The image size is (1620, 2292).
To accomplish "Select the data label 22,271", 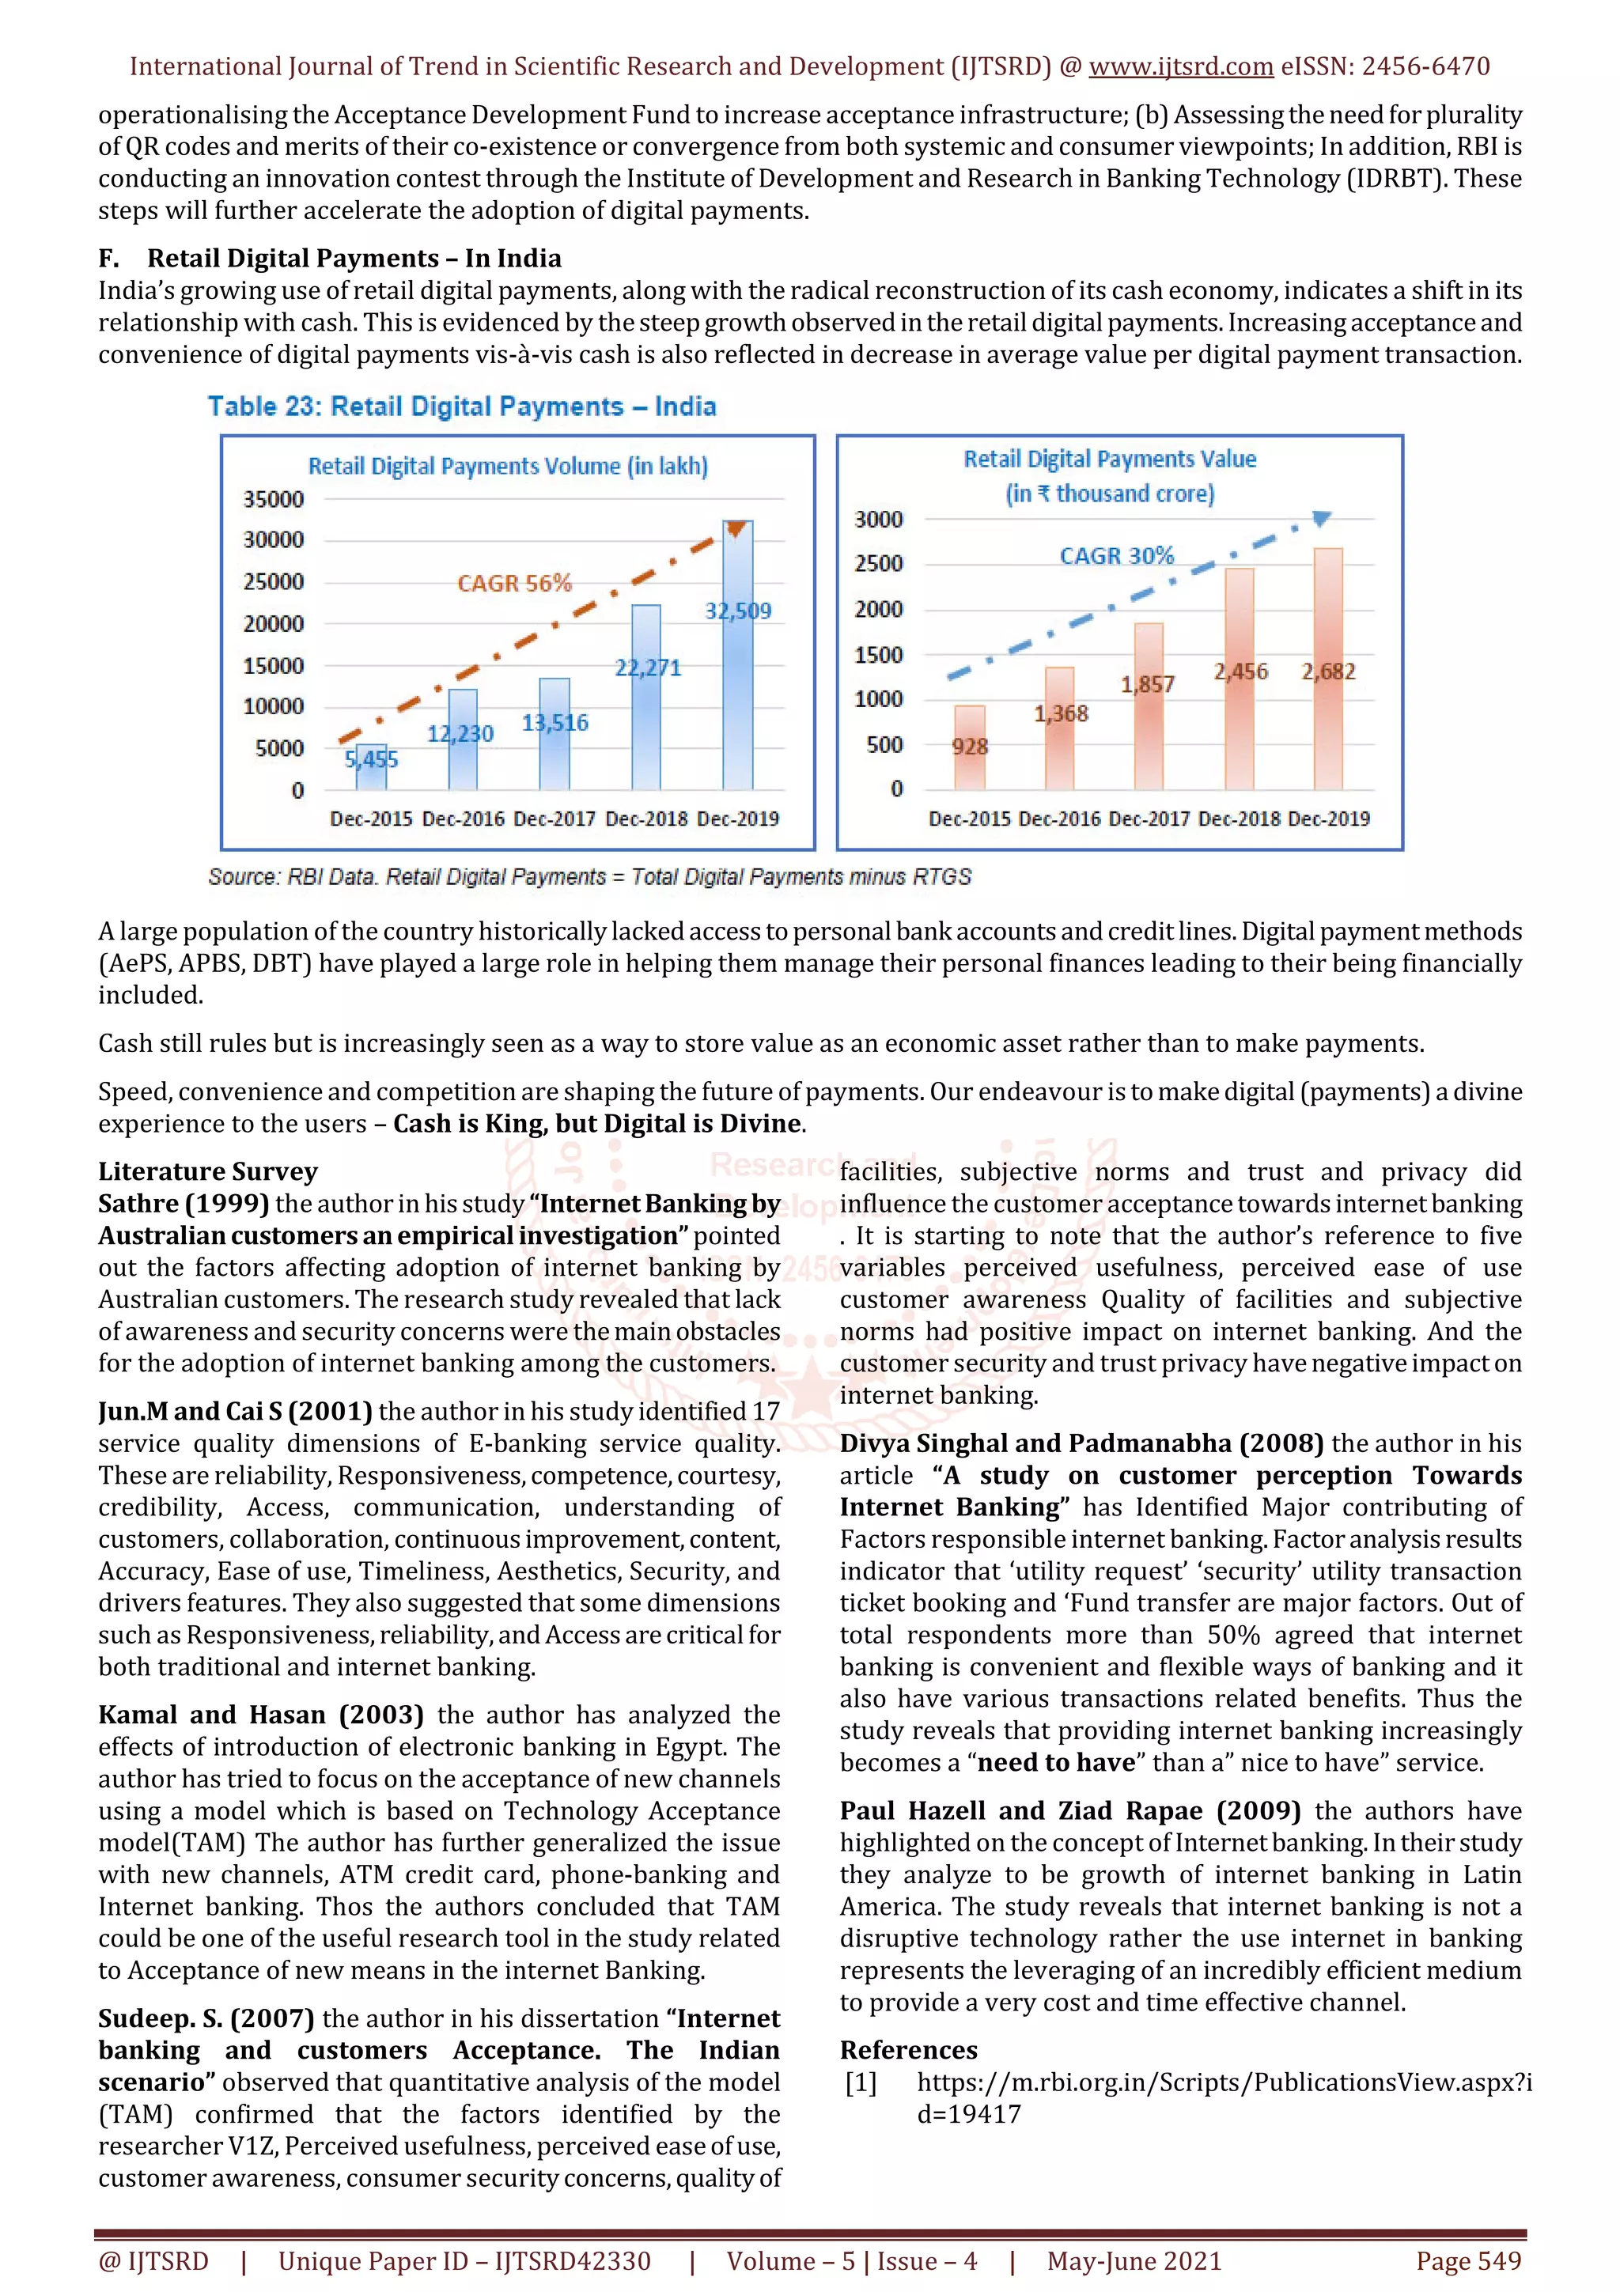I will click(x=648, y=668).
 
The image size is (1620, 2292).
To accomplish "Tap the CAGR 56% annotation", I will click(x=514, y=583).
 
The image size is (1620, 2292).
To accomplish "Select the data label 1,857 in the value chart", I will click(x=1147, y=685).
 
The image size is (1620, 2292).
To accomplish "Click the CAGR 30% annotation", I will click(x=1116, y=556).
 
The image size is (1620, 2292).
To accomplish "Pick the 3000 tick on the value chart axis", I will click(x=878, y=519).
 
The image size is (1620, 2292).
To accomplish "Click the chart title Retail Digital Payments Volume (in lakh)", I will click(x=507, y=466).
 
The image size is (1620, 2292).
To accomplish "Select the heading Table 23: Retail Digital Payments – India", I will click(x=461, y=407).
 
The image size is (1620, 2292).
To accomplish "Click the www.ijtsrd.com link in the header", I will click(x=1180, y=67).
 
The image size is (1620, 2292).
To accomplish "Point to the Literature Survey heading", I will click(x=207, y=1171).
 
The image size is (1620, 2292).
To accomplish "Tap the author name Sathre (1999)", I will click(x=183, y=1204).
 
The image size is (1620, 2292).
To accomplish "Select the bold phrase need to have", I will click(x=1056, y=1762).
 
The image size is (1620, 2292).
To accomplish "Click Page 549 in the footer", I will click(x=1467, y=2261).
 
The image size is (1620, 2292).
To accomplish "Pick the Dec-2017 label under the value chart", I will click(x=1149, y=819).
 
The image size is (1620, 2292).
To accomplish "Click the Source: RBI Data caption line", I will click(x=589, y=876).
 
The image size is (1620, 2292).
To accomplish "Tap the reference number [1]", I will click(x=861, y=2082).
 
